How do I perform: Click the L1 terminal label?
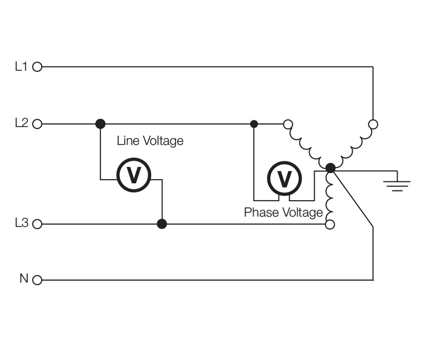pos(22,66)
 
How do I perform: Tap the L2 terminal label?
pos(22,123)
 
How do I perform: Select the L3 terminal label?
pos(22,224)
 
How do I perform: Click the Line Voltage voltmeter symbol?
pos(133,175)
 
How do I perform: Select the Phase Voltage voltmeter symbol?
pos(284,178)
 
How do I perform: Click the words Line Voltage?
pos(150,140)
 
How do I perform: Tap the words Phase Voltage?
pos(283,212)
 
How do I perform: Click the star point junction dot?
pos(331,167)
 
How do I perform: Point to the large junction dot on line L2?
pos(100,124)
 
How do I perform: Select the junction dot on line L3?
pos(162,224)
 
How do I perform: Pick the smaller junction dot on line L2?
pos(254,124)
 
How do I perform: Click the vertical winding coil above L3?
pos(330,197)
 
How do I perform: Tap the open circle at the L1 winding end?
pos(373,124)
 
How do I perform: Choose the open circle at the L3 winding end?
pos(330,224)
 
